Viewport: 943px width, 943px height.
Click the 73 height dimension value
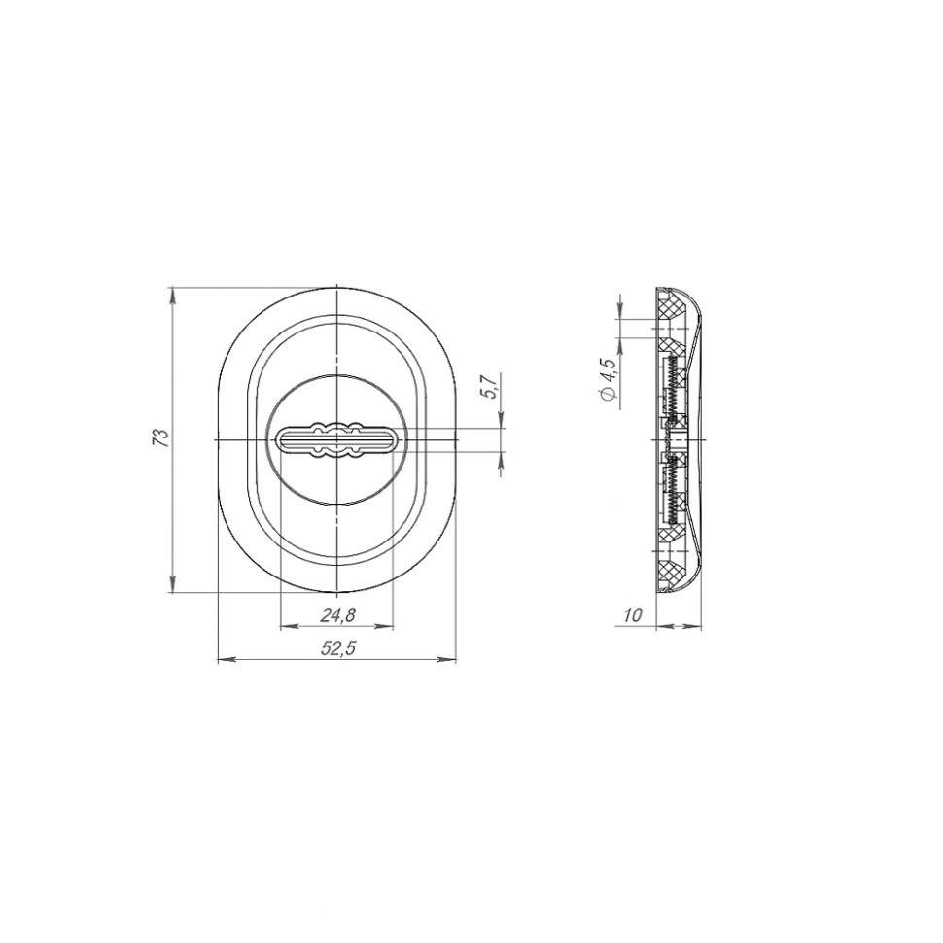(160, 437)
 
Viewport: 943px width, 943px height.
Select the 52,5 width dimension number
(338, 647)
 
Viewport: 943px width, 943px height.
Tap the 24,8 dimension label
(337, 614)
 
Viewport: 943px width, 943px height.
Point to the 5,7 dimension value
(490, 386)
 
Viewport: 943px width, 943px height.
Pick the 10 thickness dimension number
(633, 614)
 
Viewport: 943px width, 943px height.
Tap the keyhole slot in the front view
(336, 440)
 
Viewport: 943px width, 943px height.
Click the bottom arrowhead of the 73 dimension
(173, 583)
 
